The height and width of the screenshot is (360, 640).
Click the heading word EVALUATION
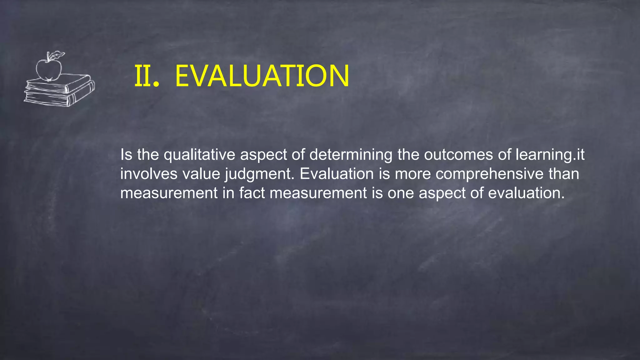(262, 76)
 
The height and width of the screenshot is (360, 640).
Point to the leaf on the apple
(57, 56)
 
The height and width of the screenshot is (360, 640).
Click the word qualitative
(199, 155)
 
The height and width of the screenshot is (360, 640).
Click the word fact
(252, 193)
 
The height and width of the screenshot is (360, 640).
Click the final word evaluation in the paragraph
(526, 193)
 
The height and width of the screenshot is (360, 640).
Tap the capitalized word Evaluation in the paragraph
(337, 174)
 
